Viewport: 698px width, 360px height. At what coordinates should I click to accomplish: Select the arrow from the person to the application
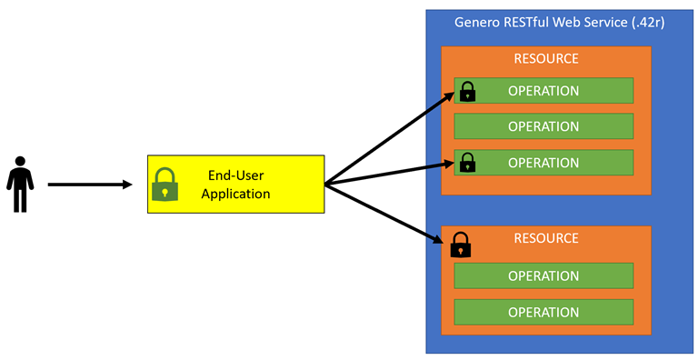tap(89, 185)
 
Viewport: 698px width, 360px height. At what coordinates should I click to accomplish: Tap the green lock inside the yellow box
tap(165, 185)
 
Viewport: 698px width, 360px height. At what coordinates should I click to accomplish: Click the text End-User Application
tap(235, 185)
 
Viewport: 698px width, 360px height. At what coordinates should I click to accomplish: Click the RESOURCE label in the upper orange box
tap(545, 59)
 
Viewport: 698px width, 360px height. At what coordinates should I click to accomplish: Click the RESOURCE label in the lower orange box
tap(545, 239)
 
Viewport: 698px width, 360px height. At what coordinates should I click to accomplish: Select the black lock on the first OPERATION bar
tap(467, 91)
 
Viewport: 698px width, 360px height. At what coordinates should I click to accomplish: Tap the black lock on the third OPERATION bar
tap(467, 163)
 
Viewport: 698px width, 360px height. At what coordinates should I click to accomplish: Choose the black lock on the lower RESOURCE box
tap(461, 244)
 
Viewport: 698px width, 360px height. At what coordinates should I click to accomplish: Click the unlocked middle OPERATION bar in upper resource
tap(543, 126)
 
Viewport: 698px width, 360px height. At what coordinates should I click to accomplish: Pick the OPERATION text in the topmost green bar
tap(543, 91)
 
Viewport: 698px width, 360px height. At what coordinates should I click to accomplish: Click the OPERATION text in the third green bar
tap(543, 163)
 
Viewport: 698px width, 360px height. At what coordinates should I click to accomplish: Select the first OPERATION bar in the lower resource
tap(543, 275)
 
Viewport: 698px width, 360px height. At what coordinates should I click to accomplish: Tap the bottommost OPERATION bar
tap(543, 312)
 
